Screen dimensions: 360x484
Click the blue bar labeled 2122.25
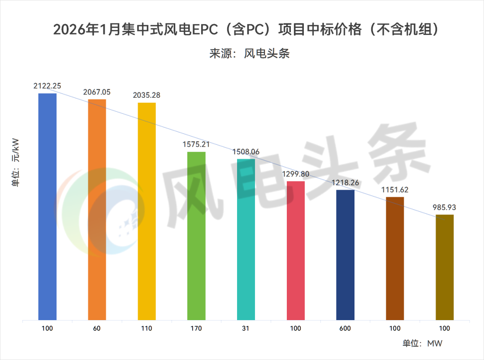point(48,206)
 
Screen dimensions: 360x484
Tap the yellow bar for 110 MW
point(147,211)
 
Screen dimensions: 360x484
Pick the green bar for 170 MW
point(196,236)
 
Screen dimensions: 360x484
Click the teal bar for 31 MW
point(246,239)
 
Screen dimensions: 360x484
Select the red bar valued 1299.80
point(295,251)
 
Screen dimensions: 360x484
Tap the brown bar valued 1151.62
point(395,258)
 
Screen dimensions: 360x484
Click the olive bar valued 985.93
point(444,267)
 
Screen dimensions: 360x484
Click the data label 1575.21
point(196,144)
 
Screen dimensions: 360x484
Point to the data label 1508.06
point(246,152)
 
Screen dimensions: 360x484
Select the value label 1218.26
point(345,183)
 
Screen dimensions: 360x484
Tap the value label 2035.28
point(147,95)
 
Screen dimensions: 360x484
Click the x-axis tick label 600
point(345,328)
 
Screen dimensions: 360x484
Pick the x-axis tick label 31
point(246,328)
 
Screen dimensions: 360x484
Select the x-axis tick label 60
point(97,328)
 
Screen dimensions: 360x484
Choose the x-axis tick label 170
point(196,328)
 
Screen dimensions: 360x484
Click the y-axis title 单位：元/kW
point(16,165)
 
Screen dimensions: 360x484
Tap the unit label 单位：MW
point(422,344)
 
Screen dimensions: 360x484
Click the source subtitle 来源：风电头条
point(249,54)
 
